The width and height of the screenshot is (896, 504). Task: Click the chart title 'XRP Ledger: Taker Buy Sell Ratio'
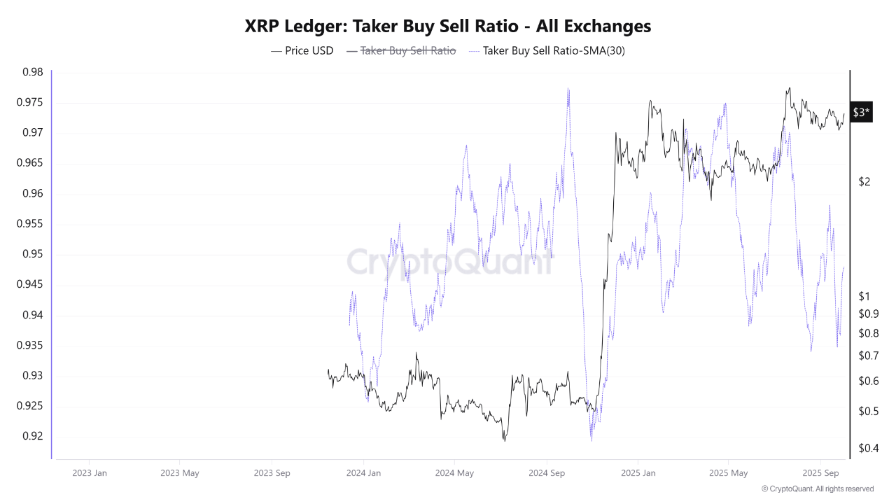click(448, 27)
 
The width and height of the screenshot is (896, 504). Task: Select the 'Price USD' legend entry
click(302, 50)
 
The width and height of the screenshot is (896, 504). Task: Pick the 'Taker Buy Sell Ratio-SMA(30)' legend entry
click(539, 50)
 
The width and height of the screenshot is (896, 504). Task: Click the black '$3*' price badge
click(862, 113)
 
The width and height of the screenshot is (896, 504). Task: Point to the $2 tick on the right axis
click(864, 182)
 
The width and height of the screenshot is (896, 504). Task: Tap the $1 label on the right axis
click(864, 296)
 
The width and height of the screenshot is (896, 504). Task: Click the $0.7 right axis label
click(869, 356)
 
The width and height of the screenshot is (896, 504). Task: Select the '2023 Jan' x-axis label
click(90, 472)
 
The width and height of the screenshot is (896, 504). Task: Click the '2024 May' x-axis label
click(454, 472)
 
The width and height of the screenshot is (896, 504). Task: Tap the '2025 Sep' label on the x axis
click(820, 472)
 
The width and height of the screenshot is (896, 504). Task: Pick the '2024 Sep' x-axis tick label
click(547, 472)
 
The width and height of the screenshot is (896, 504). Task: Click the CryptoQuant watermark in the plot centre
click(448, 262)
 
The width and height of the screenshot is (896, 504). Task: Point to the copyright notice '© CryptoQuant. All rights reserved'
click(817, 489)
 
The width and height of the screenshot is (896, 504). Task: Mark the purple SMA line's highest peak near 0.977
click(568, 90)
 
